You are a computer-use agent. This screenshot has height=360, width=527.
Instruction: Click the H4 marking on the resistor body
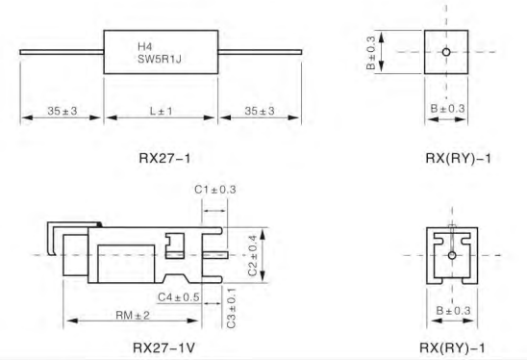coord(145,46)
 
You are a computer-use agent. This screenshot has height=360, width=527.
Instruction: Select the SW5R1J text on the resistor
coord(160,60)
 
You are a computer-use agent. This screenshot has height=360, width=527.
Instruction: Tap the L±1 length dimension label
coord(161,111)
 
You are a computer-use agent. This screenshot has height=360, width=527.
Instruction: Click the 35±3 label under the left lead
coord(63,111)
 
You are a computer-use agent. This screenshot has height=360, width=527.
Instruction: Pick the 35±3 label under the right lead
coord(260,111)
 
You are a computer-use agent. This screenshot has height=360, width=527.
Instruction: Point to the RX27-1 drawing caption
coord(164,158)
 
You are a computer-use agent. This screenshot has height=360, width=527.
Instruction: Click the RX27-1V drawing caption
coord(164,347)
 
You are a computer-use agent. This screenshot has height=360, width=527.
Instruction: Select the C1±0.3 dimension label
coord(215,190)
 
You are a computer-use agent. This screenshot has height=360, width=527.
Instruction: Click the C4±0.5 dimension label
coord(179,297)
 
